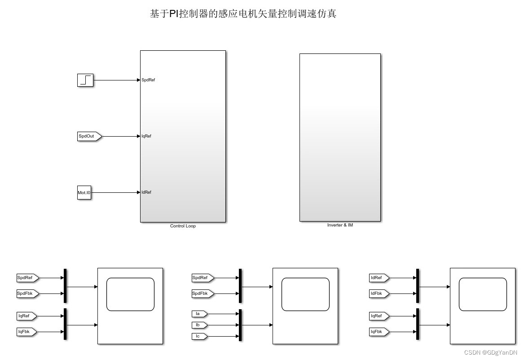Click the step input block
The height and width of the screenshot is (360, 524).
(x=85, y=80)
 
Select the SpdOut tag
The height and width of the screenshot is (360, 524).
(x=89, y=136)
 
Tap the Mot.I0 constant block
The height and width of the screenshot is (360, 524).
(x=84, y=193)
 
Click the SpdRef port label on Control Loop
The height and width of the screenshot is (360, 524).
(x=148, y=80)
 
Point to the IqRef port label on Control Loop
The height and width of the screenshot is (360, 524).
(x=146, y=136)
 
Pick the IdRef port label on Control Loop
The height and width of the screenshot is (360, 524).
(x=146, y=192)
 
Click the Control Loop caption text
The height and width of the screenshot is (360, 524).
(x=183, y=226)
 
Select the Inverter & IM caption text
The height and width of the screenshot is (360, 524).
(x=340, y=225)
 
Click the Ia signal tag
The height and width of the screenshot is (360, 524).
(x=199, y=314)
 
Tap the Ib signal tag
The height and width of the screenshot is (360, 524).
(x=199, y=325)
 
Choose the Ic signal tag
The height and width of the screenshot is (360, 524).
(x=199, y=336)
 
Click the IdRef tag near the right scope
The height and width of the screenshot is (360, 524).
(x=378, y=278)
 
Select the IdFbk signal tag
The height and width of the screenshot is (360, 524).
(x=378, y=293)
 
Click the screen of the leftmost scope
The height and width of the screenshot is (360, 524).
(x=130, y=294)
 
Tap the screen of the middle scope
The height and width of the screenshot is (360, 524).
(x=305, y=294)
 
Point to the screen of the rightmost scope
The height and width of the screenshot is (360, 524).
(x=483, y=294)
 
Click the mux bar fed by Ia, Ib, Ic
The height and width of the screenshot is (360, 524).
(x=240, y=325)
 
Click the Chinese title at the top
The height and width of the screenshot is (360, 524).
(x=243, y=14)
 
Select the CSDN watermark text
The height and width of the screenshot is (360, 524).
(x=490, y=353)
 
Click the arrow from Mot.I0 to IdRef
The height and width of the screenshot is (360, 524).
(x=115, y=193)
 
